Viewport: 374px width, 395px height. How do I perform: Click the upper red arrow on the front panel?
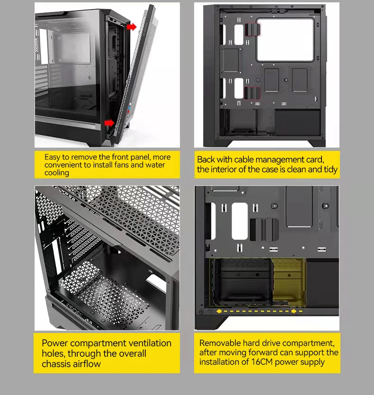pos(132,26)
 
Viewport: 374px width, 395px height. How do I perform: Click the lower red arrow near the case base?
pos(109,123)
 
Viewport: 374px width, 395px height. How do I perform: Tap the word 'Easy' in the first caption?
pos(52,157)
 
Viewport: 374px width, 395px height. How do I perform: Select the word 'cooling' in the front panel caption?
pos(57,173)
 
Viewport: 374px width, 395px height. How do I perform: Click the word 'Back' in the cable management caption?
pos(205,159)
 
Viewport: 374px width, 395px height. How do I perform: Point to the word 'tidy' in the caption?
pos(330,169)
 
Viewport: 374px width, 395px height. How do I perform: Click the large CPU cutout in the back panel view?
pos(285,40)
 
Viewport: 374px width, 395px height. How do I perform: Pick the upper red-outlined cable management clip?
pos(253,29)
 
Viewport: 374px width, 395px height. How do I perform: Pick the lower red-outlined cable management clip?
pos(252,93)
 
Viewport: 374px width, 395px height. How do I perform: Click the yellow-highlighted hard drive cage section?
pos(289,282)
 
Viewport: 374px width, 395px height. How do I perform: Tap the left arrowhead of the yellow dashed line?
pos(219,311)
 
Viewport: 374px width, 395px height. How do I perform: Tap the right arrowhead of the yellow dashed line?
pos(294,311)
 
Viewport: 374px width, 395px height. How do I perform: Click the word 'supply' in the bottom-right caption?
pos(312,362)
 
